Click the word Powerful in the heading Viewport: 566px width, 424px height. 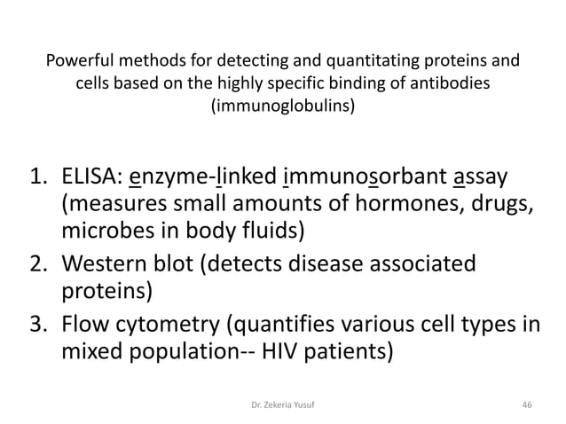[78, 63]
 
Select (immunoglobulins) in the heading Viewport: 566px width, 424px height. [282, 107]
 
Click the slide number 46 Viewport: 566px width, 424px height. [527, 404]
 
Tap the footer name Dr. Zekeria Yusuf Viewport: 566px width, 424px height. [282, 404]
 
